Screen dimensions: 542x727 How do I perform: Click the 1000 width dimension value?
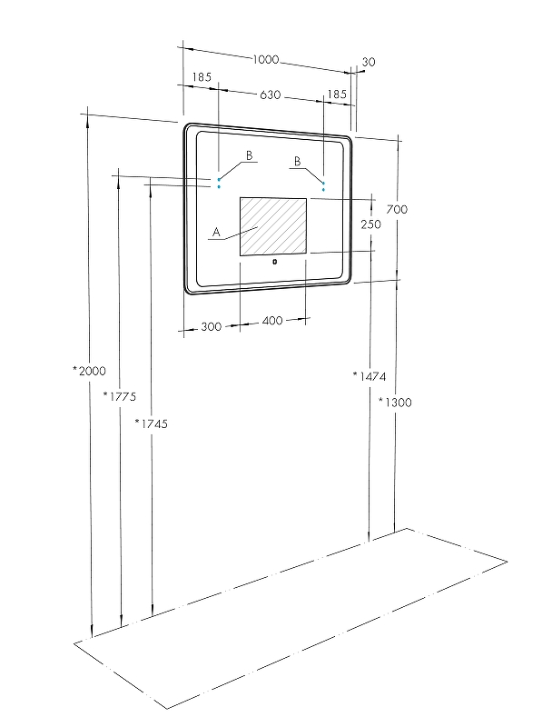point(266,59)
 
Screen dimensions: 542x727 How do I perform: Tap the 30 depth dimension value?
point(369,62)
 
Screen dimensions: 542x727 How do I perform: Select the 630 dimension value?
point(270,95)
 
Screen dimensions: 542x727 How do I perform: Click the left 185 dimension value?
point(202,77)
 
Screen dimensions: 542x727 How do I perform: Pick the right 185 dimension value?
point(337,95)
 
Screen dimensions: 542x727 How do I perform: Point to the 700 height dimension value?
point(397,210)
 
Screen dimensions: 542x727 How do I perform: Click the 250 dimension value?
point(371,224)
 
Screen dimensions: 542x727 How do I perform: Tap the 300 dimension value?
point(212,327)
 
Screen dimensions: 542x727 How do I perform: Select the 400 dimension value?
point(272,321)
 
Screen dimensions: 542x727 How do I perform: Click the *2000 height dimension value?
point(89,371)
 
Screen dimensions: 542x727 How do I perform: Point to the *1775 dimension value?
point(120,396)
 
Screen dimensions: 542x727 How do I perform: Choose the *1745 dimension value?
point(151,423)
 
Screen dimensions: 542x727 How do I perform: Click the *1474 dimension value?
point(370,376)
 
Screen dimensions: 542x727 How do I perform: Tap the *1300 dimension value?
point(395,402)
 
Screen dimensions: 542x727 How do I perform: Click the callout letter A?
point(216,232)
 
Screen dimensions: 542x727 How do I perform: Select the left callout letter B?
point(250,155)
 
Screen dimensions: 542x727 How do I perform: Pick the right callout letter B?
point(298,162)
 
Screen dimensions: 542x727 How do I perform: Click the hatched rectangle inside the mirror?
point(273,226)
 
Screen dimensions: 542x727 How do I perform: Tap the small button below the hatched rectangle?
point(275,262)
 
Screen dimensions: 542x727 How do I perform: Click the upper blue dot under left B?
point(219,179)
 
